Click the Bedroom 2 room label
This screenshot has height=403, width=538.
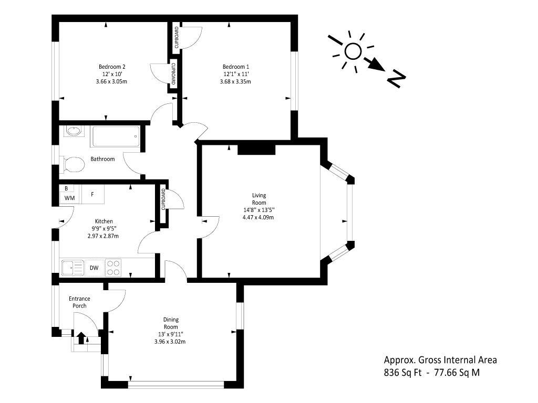pyautogui.click(x=112, y=67)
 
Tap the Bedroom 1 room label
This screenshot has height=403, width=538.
pyautogui.click(x=236, y=67)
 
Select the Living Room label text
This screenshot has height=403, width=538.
pyautogui.click(x=259, y=199)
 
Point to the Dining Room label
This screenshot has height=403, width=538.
pyautogui.click(x=171, y=323)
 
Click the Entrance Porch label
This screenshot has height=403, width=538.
pyautogui.click(x=80, y=302)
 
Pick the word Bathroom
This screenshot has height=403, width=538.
pyautogui.click(x=102, y=159)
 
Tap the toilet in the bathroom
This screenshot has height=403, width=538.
pyautogui.click(x=72, y=164)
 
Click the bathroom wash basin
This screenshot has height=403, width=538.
pyautogui.click(x=73, y=131)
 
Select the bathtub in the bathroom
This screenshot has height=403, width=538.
pyautogui.click(x=115, y=137)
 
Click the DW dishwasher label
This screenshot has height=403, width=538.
pyautogui.click(x=94, y=268)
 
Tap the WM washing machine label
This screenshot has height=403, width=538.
pyautogui.click(x=70, y=198)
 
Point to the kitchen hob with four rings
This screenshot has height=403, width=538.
pyautogui.click(x=113, y=268)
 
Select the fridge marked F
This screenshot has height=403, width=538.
pyautogui.click(x=92, y=195)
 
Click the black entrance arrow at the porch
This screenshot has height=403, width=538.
pyautogui.click(x=81, y=337)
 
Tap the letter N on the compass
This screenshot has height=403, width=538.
pyautogui.click(x=397, y=79)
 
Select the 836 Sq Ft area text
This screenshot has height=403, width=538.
pyautogui.click(x=403, y=372)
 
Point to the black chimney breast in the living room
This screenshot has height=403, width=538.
pyautogui.click(x=256, y=150)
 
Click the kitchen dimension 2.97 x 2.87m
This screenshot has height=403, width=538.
pyautogui.click(x=104, y=236)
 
